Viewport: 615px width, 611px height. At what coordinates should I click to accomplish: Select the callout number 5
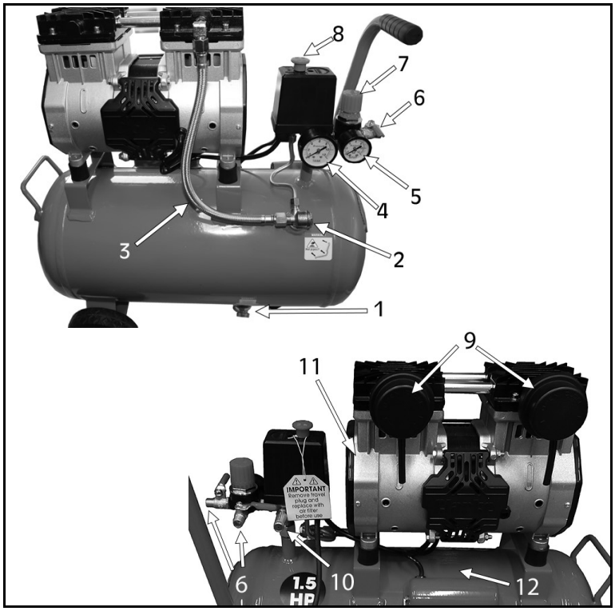coord(415,194)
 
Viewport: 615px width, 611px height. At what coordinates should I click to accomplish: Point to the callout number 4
coord(383,212)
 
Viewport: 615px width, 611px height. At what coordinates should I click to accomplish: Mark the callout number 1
coord(375,308)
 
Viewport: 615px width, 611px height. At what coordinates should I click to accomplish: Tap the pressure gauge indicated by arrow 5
coord(356,150)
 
